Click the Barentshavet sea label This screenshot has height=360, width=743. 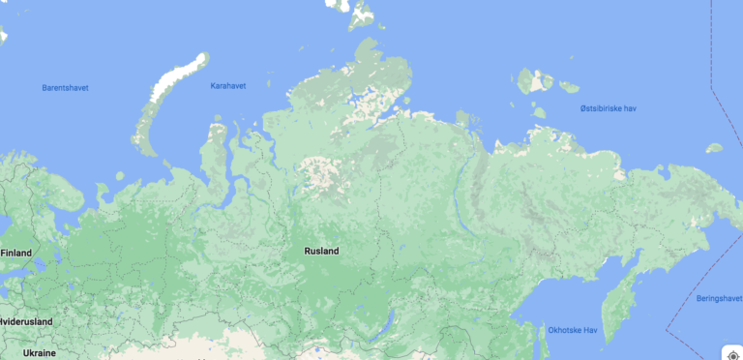click(x=65, y=88)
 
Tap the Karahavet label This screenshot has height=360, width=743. click(x=228, y=86)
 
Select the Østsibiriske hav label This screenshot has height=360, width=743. click(x=609, y=108)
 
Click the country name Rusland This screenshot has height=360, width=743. click(x=321, y=252)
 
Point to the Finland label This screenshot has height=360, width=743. click(x=16, y=254)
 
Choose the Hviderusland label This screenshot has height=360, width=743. click(x=26, y=321)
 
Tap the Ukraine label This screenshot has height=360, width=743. click(x=40, y=353)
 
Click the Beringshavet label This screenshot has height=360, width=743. click(x=719, y=299)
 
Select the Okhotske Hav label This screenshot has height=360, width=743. click(x=573, y=331)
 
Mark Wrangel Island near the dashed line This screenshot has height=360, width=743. click(x=714, y=148)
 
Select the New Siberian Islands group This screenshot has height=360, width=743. click(x=535, y=81)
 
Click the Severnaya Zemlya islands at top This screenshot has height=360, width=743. click(x=364, y=14)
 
